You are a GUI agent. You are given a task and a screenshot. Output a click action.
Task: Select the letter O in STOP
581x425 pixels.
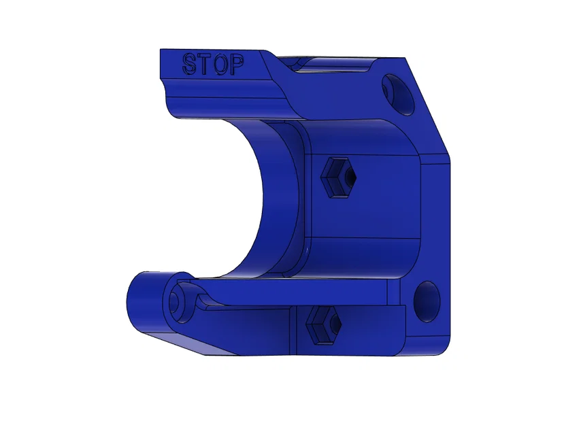coord(219,65)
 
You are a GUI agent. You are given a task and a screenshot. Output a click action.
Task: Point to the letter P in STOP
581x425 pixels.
coord(235,65)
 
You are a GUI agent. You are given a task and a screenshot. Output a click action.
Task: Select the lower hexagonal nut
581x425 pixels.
coord(324,325)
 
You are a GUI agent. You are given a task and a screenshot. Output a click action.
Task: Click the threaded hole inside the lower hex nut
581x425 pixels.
coord(333,326)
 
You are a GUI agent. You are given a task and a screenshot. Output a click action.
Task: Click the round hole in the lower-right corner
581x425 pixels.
coord(427,301)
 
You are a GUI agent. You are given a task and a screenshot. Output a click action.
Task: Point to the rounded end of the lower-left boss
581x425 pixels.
coord(135,299)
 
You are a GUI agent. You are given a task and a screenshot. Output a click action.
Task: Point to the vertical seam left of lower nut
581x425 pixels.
coord(297,330)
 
